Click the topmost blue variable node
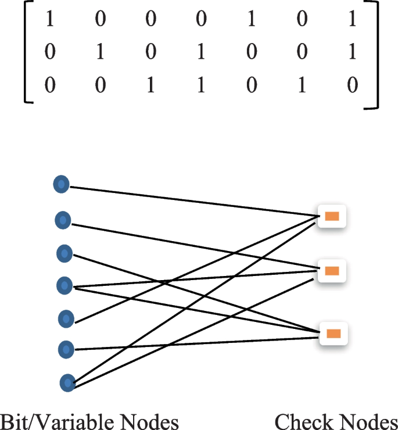tap(61, 185)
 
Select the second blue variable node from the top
tap(63, 220)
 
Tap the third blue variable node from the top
tap(64, 253)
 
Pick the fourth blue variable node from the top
tap(64, 285)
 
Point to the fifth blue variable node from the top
tap(66, 318)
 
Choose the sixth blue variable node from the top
tap(67, 350)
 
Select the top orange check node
tap(332, 217)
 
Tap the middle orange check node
tap(332, 270)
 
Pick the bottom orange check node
tap(333, 334)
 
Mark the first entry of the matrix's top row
tap(49, 20)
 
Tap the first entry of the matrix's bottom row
tap(49, 87)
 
